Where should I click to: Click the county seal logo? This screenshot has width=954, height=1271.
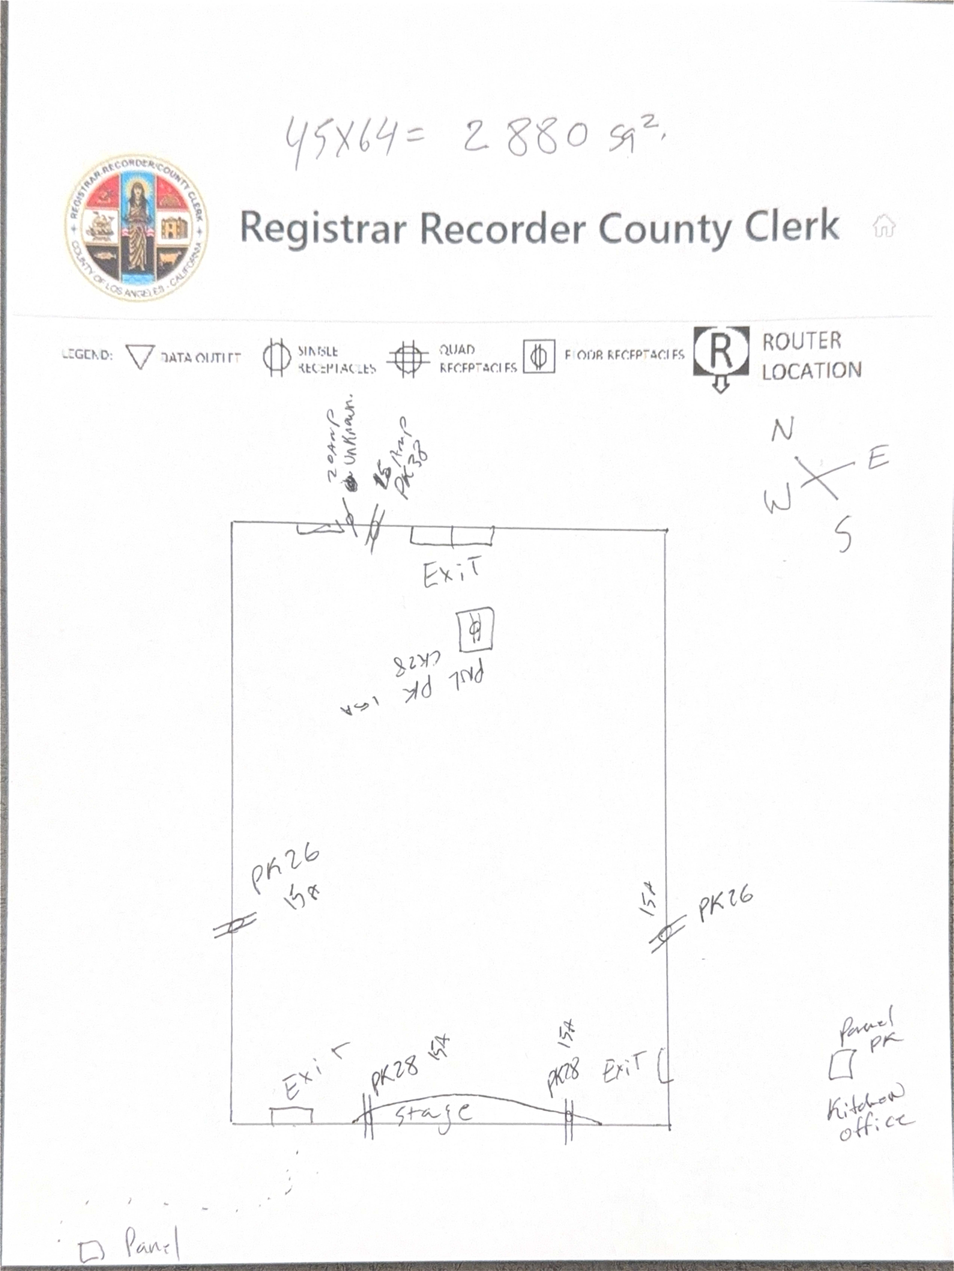pyautogui.click(x=137, y=228)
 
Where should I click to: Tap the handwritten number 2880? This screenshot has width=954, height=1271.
pyautogui.click(x=525, y=137)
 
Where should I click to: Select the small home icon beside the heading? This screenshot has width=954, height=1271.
pyautogui.click(x=883, y=226)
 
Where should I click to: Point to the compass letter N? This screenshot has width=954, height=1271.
pyautogui.click(x=782, y=430)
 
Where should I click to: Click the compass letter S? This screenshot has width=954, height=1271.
pyautogui.click(x=843, y=533)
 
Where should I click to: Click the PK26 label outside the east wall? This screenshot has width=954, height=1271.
pyautogui.click(x=725, y=906)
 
